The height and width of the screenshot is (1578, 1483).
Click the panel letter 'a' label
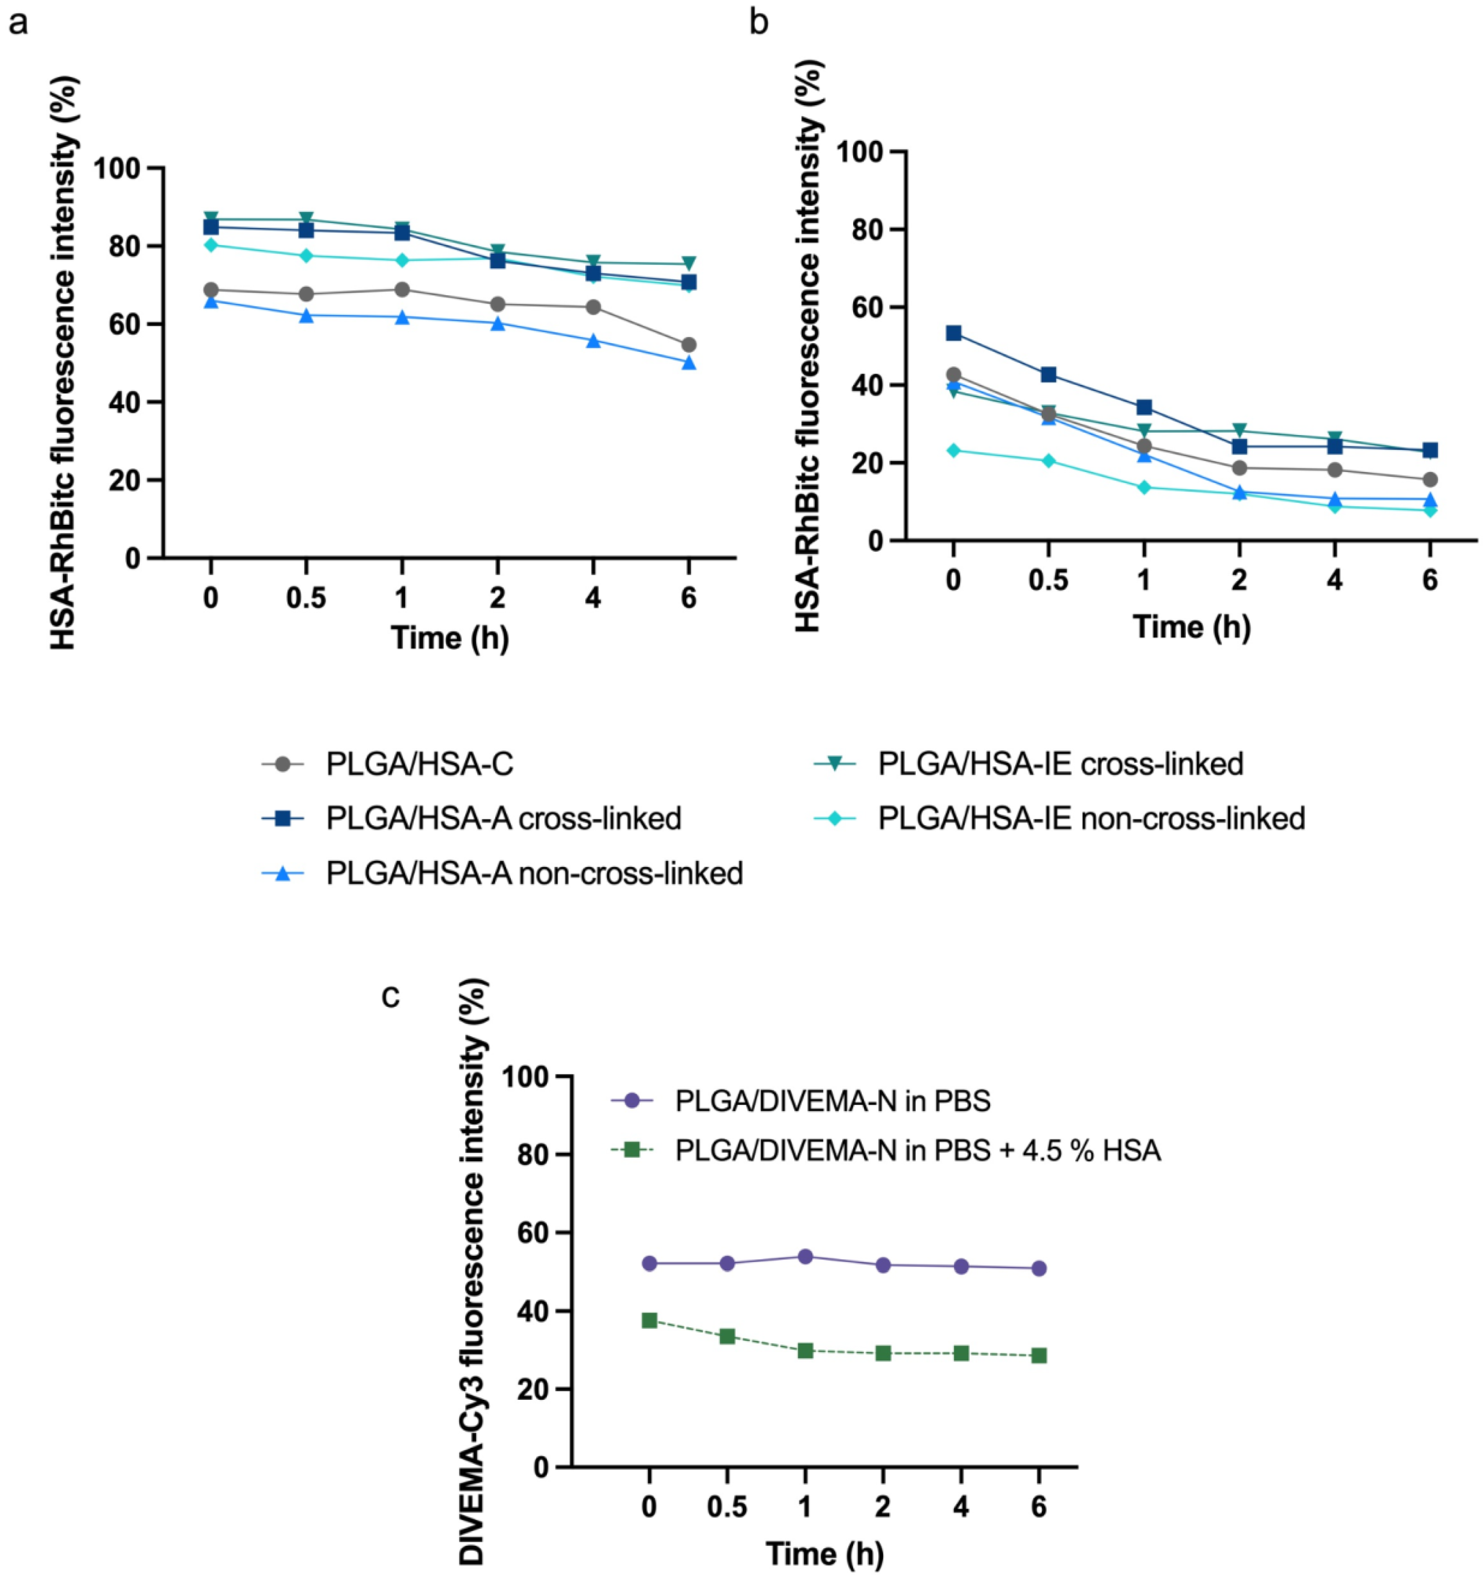[18, 23]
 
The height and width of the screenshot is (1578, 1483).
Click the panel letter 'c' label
[391, 997]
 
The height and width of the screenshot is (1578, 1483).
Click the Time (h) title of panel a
[449, 638]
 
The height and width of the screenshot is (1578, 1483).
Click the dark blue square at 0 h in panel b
[954, 333]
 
